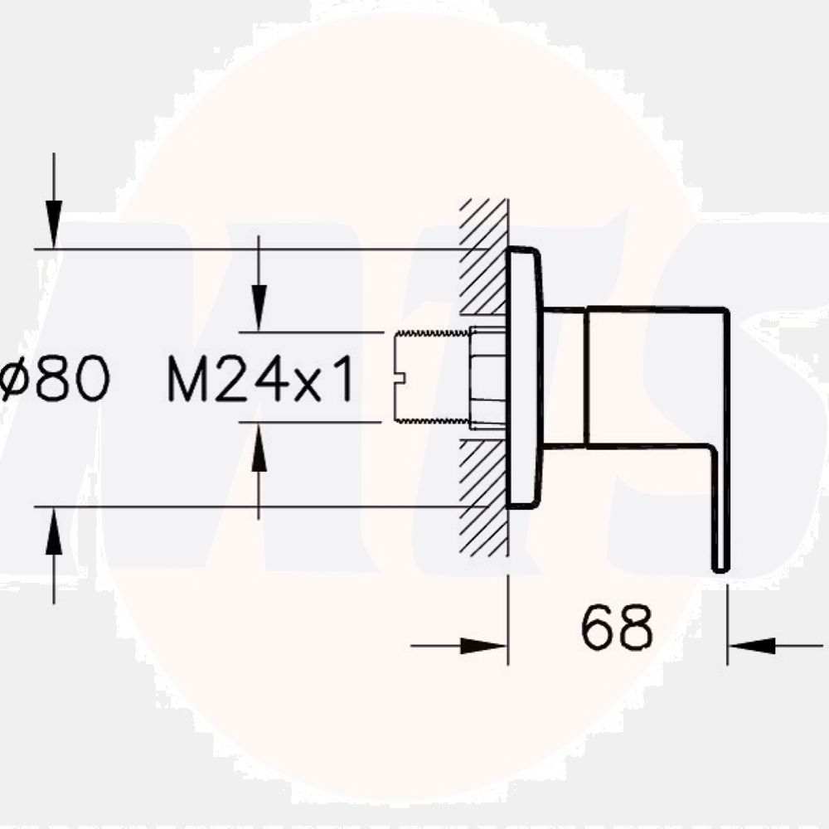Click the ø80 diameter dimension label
pyautogui.click(x=55, y=381)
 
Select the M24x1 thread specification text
pyautogui.click(x=261, y=381)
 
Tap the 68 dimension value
pyautogui.click(x=617, y=628)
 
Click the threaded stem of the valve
pyautogui.click(x=431, y=377)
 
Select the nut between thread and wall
pyautogui.click(x=487, y=378)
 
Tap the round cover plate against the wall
pyautogui.click(x=524, y=377)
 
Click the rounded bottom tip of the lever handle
pyautogui.click(x=720, y=565)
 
